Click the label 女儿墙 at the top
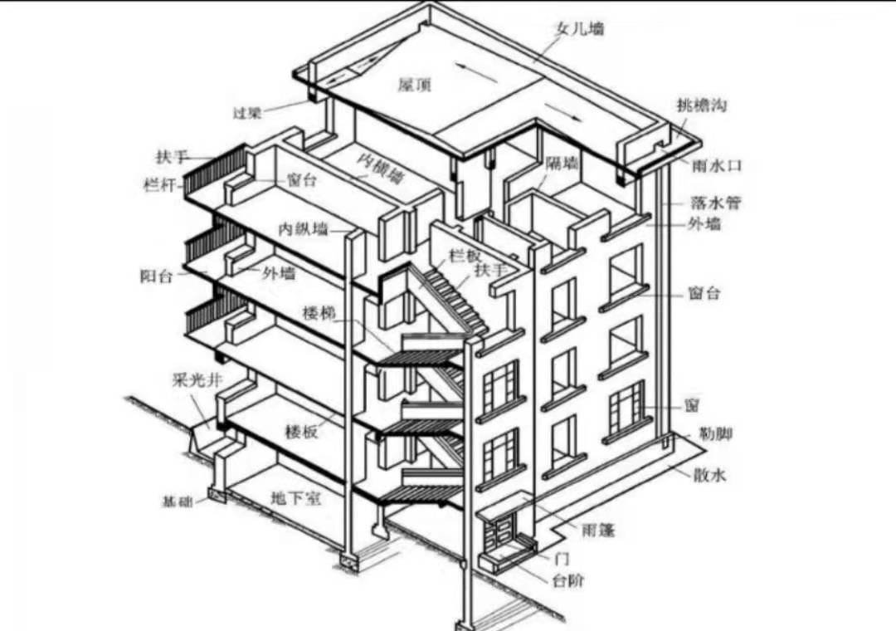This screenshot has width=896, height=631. (x=580, y=28)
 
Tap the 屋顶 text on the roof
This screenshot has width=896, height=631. (x=415, y=85)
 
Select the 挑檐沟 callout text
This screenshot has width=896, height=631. (x=703, y=105)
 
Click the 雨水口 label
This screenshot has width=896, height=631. (x=717, y=165)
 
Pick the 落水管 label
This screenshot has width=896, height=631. (x=715, y=202)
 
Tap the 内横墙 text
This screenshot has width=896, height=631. (x=381, y=168)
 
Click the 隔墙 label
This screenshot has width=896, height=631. (x=562, y=164)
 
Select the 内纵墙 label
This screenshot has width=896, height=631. (x=303, y=228)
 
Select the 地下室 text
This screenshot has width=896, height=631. (x=296, y=499)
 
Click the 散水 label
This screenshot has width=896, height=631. (x=710, y=475)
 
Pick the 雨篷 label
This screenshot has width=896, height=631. (x=598, y=529)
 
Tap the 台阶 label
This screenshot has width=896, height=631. (x=568, y=580)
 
